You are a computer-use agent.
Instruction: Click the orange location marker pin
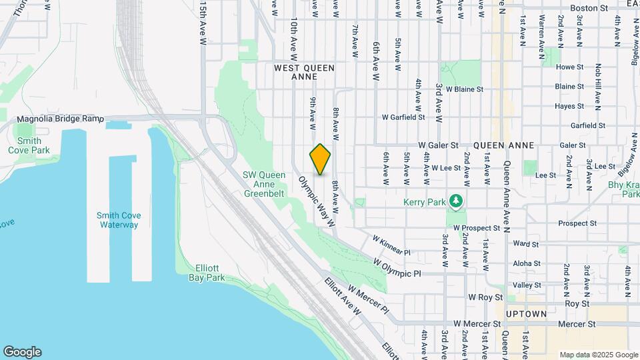pyautogui.click(x=320, y=159)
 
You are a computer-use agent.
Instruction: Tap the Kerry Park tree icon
pyautogui.click(x=456, y=200)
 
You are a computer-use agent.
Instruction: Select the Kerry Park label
pyautogui.click(x=426, y=201)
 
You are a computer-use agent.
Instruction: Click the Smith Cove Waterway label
pyautogui.click(x=117, y=220)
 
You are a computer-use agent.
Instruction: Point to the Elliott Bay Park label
pyautogui.click(x=203, y=272)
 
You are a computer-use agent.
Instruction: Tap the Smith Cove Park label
pyautogui.click(x=29, y=145)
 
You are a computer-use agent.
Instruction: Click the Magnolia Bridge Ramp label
pyautogui.click(x=61, y=119)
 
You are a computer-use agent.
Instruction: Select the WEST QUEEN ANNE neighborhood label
pyautogui.click(x=304, y=72)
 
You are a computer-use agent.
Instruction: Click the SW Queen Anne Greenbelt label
pyautogui.click(x=263, y=184)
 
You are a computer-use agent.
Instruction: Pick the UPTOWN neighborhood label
pyautogui.click(x=526, y=314)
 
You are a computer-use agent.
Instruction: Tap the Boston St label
pyautogui.click(x=589, y=8)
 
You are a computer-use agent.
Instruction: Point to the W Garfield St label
pyautogui.click(x=403, y=117)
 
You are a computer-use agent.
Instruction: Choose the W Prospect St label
pyautogui.click(x=476, y=227)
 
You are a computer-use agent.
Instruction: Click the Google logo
pyautogui.click(x=22, y=351)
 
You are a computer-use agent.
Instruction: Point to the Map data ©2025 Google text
pyautogui.click(x=598, y=355)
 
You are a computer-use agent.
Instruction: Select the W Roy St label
pyautogui.click(x=483, y=297)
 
